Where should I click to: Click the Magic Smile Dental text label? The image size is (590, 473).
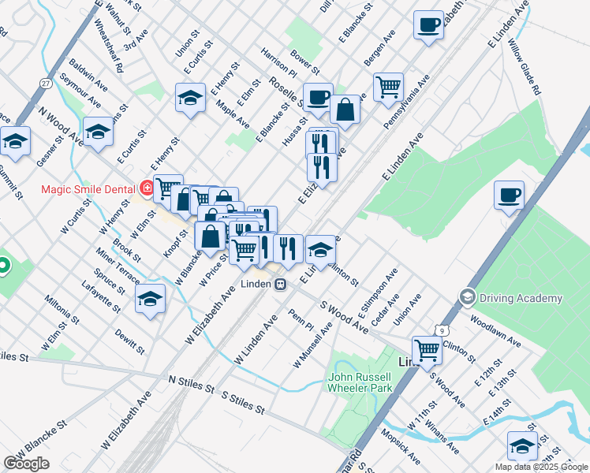point(87,189)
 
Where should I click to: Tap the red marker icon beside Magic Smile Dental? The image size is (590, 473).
point(146,188)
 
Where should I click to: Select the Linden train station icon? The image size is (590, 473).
point(280,285)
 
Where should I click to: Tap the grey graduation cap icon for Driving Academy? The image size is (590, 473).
point(468,297)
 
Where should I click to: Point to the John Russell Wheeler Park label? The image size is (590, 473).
point(360,382)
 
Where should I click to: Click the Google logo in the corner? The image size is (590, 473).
point(26,464)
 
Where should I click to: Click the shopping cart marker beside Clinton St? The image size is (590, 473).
point(427,349)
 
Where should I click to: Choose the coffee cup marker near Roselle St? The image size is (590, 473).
point(317,97)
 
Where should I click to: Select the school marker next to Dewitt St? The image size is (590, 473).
point(150,299)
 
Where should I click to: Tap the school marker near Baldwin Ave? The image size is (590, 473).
point(98,132)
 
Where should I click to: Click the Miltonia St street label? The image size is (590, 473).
point(62,309)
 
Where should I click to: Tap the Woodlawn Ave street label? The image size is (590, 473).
point(495,332)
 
